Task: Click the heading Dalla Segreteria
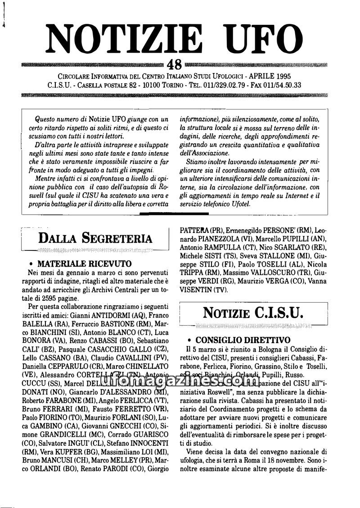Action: [95, 238]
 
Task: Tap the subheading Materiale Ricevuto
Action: [85, 263]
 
